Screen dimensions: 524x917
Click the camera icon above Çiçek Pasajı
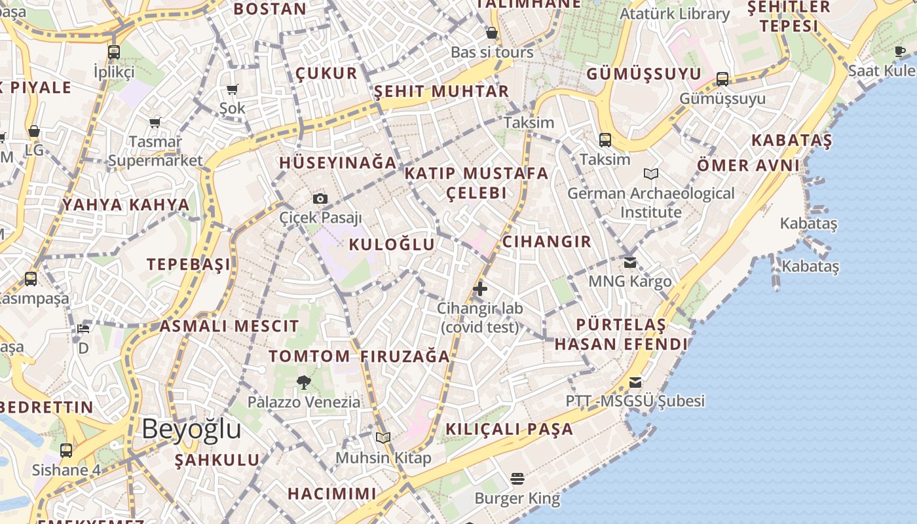[x=320, y=198]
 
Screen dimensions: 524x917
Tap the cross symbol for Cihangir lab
[x=480, y=288]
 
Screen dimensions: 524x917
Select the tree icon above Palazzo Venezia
[x=303, y=382]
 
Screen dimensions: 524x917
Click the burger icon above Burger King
[x=517, y=479]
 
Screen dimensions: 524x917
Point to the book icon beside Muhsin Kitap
[x=383, y=438]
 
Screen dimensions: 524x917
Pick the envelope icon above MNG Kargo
[x=629, y=262]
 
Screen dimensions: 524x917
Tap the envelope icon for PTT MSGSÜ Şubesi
[x=635, y=382]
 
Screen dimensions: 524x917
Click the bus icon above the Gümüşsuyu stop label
[x=722, y=79]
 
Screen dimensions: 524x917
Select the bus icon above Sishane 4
[x=66, y=451]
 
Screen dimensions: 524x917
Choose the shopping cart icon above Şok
[x=232, y=89]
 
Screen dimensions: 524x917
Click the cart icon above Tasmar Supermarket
[x=155, y=122]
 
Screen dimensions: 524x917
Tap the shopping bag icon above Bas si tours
[x=492, y=33]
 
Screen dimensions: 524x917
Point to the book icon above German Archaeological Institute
[x=650, y=174]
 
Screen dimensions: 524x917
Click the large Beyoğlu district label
[x=191, y=429]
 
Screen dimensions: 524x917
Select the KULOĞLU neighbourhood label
[x=392, y=244]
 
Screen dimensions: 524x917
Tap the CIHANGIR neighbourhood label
[x=547, y=241]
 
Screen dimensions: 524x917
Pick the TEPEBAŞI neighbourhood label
[x=189, y=264]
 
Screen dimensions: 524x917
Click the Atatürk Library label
[x=675, y=14]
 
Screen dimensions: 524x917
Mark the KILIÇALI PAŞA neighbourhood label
[x=510, y=429]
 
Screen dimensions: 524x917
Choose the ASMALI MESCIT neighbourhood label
[x=229, y=326]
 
